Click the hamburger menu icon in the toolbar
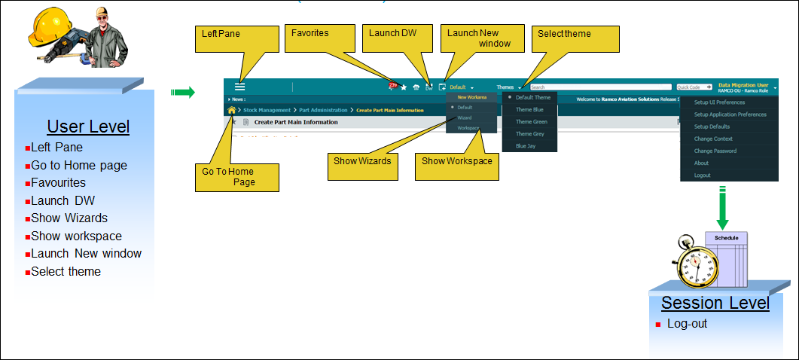click(239, 87)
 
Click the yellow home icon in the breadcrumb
click(231, 110)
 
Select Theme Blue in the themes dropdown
click(529, 109)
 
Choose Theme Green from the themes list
click(531, 121)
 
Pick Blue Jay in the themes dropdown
click(526, 145)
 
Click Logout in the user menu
click(702, 175)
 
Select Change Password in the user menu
click(715, 151)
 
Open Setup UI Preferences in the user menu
click(719, 102)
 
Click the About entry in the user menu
click(701, 163)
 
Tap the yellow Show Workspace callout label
click(456, 160)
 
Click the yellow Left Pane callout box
click(237, 40)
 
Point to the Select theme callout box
click(575, 40)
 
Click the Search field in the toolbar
click(599, 87)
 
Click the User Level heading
click(88, 127)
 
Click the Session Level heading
click(715, 303)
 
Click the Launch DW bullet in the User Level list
click(63, 200)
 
